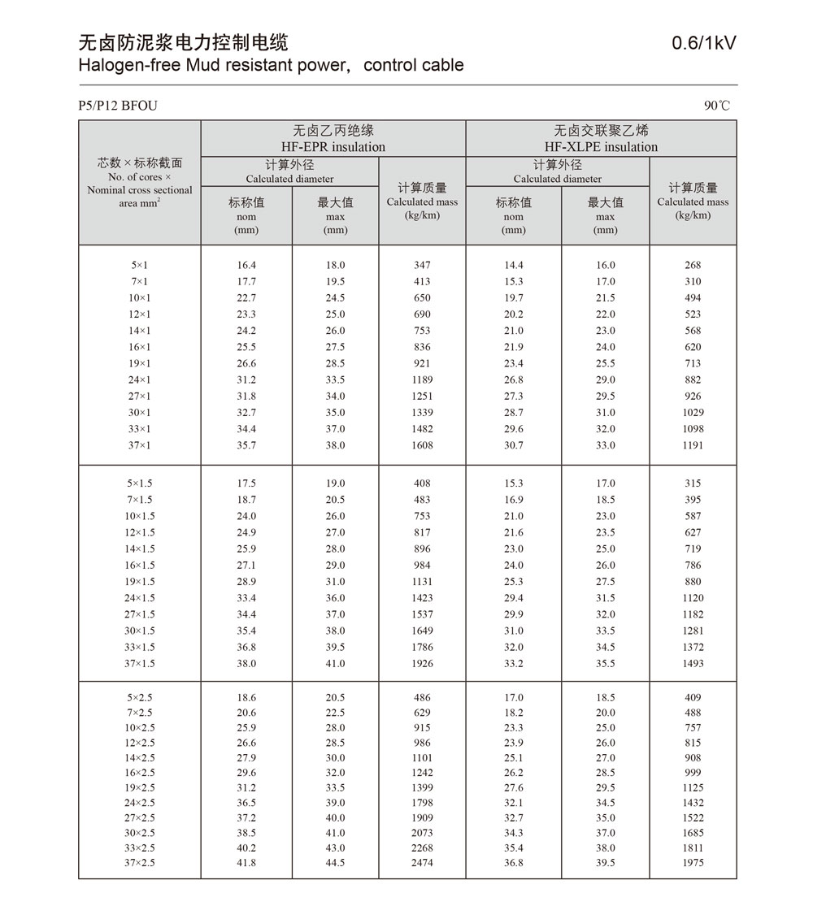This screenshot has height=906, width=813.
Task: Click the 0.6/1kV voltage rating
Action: pos(704,43)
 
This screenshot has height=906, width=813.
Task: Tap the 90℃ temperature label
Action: pos(717,106)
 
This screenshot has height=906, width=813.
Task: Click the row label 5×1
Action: pos(139,266)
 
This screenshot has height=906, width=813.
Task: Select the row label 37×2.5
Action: pos(139,863)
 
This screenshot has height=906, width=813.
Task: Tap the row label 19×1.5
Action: pos(139,582)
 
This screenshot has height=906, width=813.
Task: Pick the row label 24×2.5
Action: pos(139,803)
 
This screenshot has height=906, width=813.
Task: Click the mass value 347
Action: pos(422,266)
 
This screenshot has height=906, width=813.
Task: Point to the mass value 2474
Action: pos(422,863)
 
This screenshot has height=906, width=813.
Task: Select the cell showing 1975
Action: pos(693,863)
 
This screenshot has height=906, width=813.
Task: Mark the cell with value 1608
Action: pos(422,445)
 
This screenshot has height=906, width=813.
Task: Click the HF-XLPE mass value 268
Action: pos(693,266)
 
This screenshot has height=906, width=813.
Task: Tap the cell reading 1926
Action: pos(422,664)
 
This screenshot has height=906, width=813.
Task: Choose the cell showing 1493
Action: pos(693,664)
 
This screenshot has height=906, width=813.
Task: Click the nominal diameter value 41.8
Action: pos(246,863)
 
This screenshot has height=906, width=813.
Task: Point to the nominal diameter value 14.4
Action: pos(514,266)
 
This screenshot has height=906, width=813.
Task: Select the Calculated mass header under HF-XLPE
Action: pos(693,201)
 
